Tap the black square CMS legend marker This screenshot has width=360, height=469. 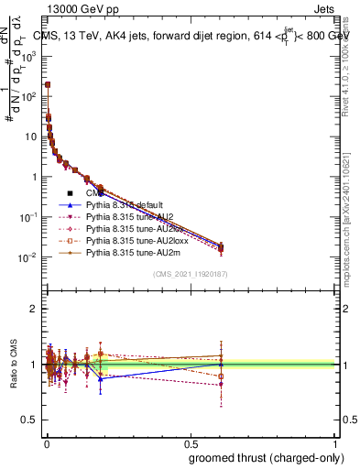click(70, 193)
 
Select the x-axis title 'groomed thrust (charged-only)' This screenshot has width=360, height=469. click(260, 457)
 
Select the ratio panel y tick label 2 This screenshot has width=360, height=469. click(33, 309)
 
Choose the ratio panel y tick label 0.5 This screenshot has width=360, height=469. click(29, 420)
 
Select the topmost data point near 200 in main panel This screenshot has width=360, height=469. click(48, 84)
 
